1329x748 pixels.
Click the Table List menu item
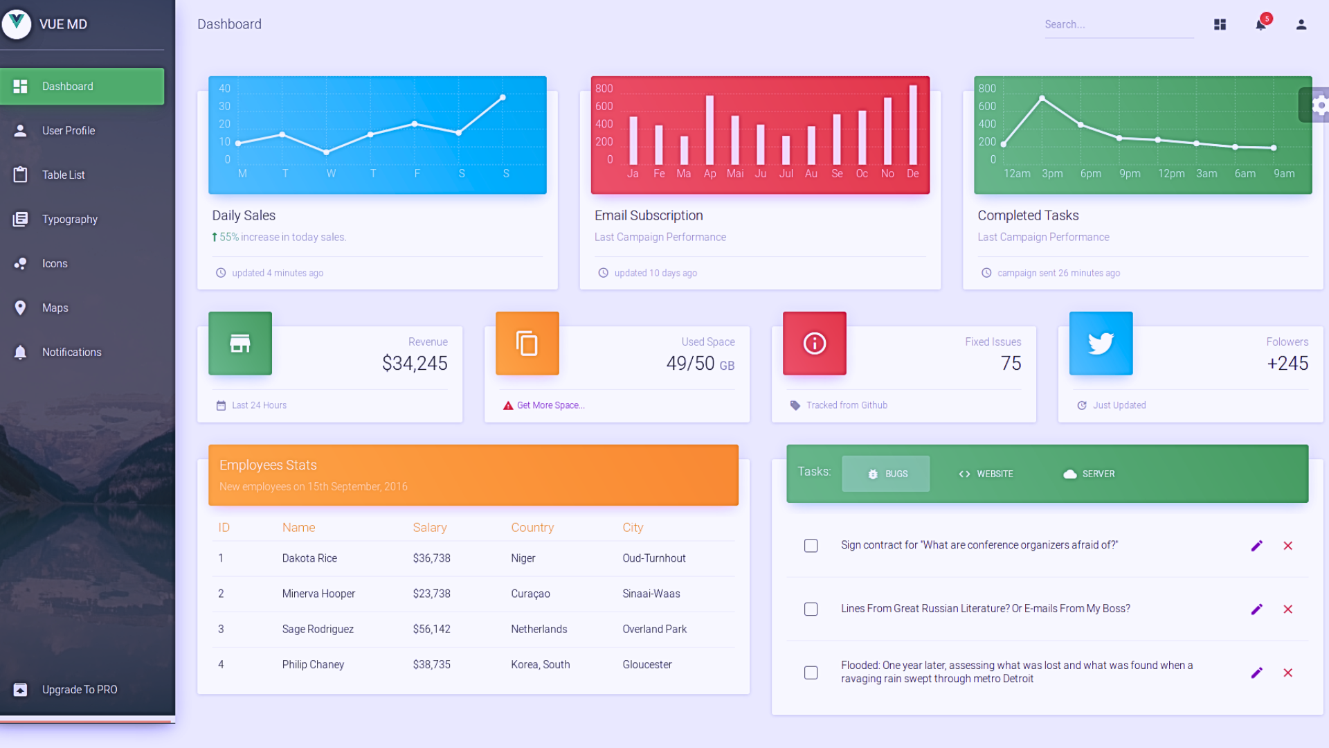coord(63,175)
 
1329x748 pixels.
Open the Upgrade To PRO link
coord(79,690)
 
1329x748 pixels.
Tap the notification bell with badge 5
coord(1260,25)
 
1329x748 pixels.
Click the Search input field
coord(1118,25)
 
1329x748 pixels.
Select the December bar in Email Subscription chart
coord(913,125)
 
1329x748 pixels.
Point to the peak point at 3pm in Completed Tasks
coord(1042,98)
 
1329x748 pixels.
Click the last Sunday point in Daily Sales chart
coord(503,98)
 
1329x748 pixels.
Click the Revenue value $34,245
coord(415,364)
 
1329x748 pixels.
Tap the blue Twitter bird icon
coord(1101,344)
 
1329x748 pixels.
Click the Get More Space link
coord(550,406)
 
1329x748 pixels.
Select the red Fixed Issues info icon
coord(814,344)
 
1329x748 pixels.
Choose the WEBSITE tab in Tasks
coord(986,474)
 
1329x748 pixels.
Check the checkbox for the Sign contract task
coord(811,546)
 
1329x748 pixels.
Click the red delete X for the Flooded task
coord(1287,673)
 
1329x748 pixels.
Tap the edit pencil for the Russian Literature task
coord(1256,609)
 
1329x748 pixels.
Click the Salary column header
coord(429,528)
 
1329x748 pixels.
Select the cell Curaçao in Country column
coord(530,594)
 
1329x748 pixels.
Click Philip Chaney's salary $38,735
coord(431,665)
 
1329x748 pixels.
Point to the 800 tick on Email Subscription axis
coord(604,89)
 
